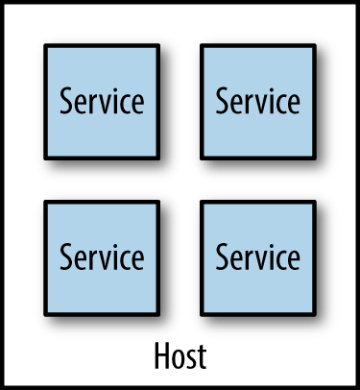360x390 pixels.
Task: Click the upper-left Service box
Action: [101, 100]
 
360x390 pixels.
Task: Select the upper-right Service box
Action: [256, 100]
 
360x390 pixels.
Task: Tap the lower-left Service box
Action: [101, 256]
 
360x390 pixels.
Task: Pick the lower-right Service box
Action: [256, 256]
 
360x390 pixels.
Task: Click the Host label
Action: [180, 356]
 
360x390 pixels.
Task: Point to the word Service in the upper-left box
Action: [102, 101]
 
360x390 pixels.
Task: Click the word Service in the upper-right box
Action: [257, 101]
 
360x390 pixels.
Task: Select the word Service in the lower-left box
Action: [102, 257]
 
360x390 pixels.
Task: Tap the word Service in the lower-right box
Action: [257, 257]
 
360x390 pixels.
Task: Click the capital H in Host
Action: [161, 356]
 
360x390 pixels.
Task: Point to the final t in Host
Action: [201, 357]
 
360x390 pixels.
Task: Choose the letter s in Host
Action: [190, 359]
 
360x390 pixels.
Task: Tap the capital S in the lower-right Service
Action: [222, 257]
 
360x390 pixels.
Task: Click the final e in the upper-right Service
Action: [293, 103]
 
